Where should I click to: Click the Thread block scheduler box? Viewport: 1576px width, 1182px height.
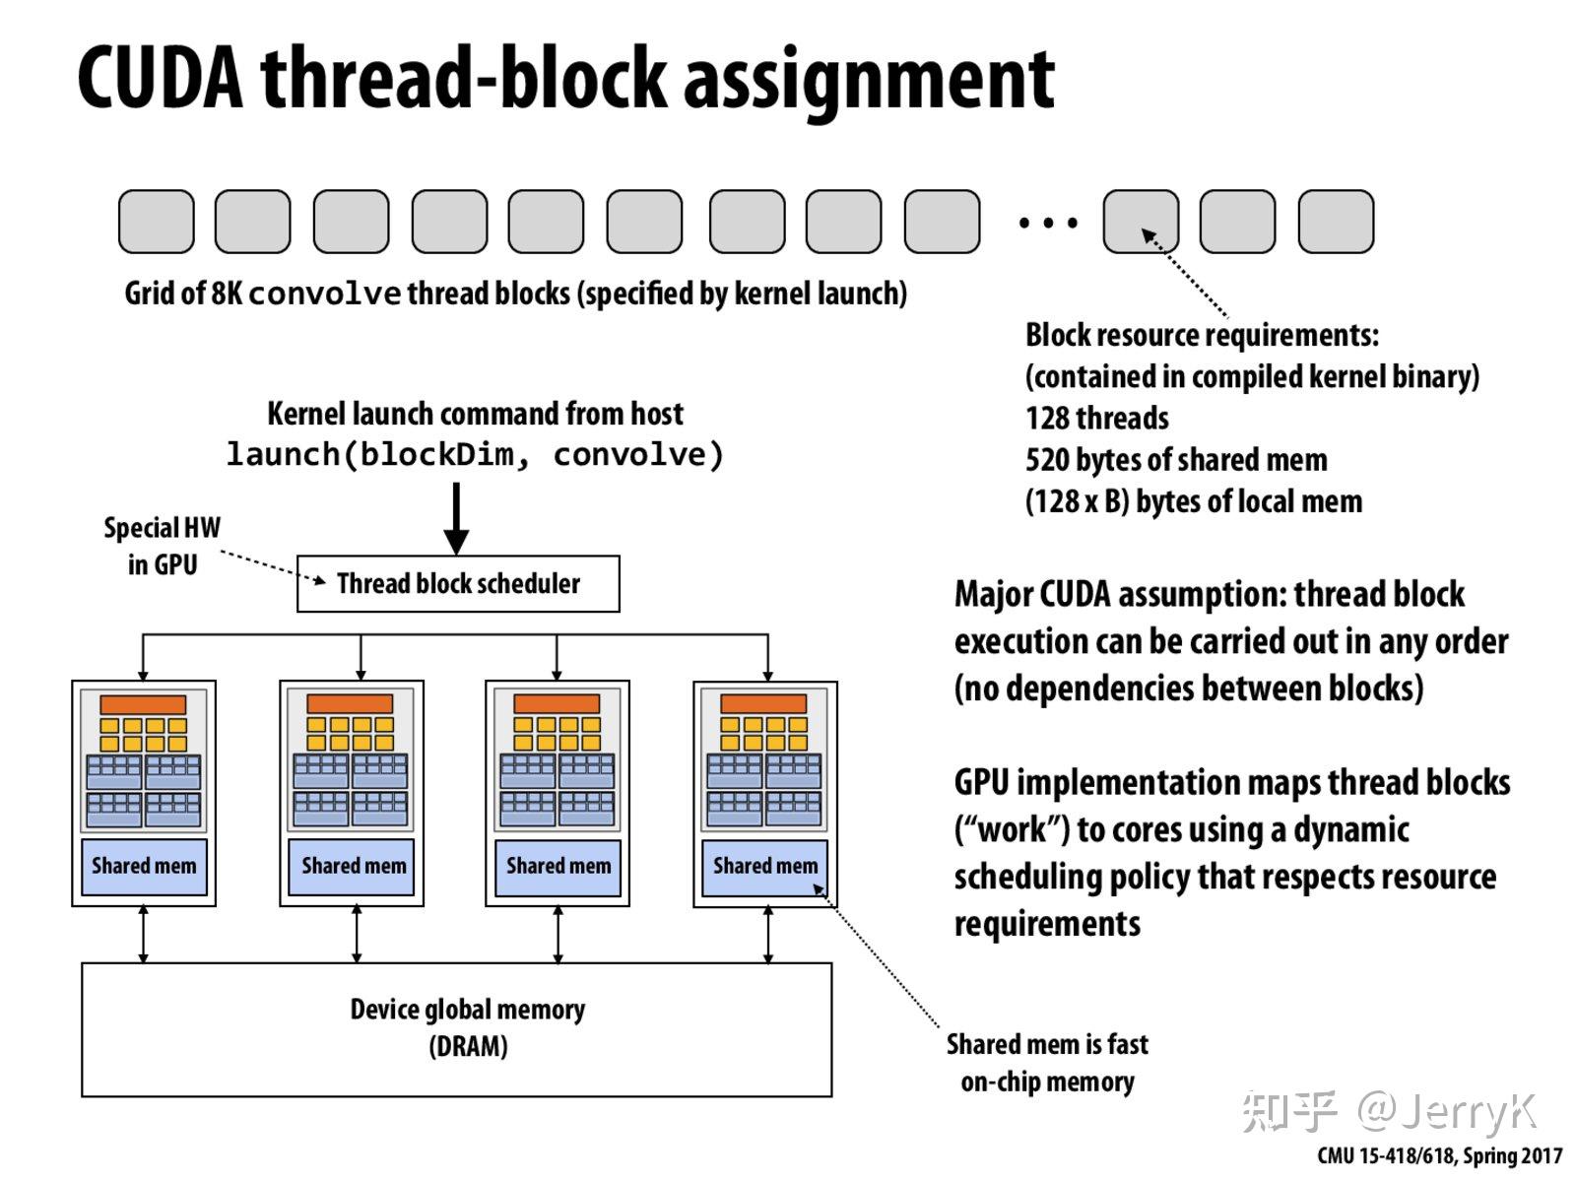click(458, 583)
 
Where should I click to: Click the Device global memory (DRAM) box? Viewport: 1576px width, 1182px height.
click(456, 1029)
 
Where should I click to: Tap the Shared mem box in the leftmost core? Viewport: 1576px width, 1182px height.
click(144, 867)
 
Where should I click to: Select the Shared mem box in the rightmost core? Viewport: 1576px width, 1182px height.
click(764, 867)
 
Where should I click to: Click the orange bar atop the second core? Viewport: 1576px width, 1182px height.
click(350, 704)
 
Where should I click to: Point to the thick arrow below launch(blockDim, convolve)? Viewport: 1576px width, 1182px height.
click(455, 517)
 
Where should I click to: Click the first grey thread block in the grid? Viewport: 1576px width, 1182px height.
click(156, 222)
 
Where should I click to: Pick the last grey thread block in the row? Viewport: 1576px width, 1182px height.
click(1336, 222)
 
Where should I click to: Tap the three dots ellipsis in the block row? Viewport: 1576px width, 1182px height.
click(1048, 224)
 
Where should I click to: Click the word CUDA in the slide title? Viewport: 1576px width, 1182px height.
click(160, 79)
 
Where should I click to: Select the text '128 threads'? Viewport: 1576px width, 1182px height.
click(1096, 419)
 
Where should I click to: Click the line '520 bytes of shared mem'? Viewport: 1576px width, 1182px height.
click(1176, 460)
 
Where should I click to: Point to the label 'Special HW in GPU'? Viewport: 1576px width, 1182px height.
click(163, 546)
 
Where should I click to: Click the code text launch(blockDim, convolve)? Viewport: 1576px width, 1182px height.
click(475, 455)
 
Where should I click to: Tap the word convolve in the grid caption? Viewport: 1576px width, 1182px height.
click(325, 294)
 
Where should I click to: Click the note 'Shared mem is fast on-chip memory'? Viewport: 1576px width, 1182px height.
click(1047, 1063)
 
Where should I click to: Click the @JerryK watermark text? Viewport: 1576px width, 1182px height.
click(1448, 1112)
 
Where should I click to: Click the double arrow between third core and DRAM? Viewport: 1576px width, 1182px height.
click(558, 934)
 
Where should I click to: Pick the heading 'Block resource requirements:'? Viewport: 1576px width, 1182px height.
click(1202, 335)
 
